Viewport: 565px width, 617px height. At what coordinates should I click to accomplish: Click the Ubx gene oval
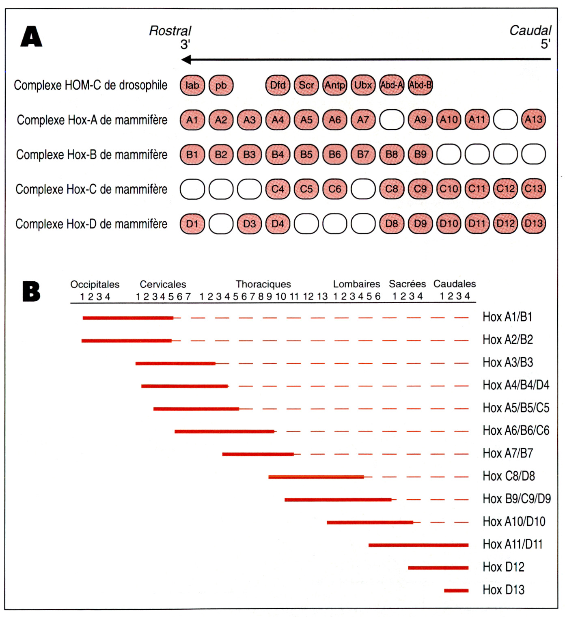coord(363,85)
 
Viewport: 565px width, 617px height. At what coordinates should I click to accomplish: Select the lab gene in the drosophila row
coord(192,85)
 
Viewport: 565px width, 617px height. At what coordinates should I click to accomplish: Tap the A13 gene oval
coord(533,120)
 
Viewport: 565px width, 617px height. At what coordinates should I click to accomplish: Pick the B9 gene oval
coord(420,154)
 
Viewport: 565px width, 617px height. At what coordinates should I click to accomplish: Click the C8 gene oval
coord(392,189)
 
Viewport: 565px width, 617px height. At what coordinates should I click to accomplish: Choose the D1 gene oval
coord(192,224)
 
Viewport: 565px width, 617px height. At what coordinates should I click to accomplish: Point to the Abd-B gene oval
coord(420,85)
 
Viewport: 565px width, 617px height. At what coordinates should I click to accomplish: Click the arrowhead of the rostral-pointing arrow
coord(186,60)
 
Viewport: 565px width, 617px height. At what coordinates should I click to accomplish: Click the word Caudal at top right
coord(530,30)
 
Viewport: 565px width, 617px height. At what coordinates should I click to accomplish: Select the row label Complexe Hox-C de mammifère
coord(91,189)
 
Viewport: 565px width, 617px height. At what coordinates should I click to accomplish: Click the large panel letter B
coord(31,291)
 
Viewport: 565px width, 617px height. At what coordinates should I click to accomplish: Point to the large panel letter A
coord(31,37)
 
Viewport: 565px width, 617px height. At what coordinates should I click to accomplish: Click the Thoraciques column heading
coord(263,284)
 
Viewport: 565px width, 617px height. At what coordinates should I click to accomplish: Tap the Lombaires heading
coord(356,284)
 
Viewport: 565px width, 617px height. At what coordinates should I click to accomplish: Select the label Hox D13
coord(503,590)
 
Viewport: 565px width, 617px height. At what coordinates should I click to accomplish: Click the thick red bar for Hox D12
coord(438,568)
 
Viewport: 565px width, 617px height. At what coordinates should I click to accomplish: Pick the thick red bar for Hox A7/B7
coord(258,454)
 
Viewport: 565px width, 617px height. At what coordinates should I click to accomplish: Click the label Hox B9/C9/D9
coord(516,499)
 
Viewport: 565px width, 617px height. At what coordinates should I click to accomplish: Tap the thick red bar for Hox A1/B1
coord(128,318)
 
